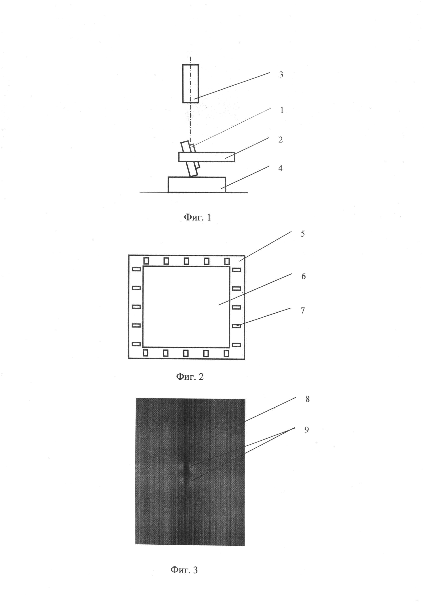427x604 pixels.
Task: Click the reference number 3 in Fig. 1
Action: (281, 75)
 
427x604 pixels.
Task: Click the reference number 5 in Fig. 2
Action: (303, 234)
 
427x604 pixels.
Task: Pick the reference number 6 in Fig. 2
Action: (303, 276)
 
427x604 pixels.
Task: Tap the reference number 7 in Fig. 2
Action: (303, 311)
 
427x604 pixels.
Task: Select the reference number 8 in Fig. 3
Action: (307, 399)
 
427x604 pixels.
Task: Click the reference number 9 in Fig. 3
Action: (307, 430)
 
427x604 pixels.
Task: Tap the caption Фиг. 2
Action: (190, 376)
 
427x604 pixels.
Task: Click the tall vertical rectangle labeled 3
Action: (190, 84)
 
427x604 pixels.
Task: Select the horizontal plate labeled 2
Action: (207, 157)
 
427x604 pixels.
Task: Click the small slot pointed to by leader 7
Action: (236, 326)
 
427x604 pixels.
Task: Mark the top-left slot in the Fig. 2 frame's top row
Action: (146, 261)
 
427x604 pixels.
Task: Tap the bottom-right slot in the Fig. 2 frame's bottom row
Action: (226, 353)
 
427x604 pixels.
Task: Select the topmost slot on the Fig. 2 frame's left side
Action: (136, 269)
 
